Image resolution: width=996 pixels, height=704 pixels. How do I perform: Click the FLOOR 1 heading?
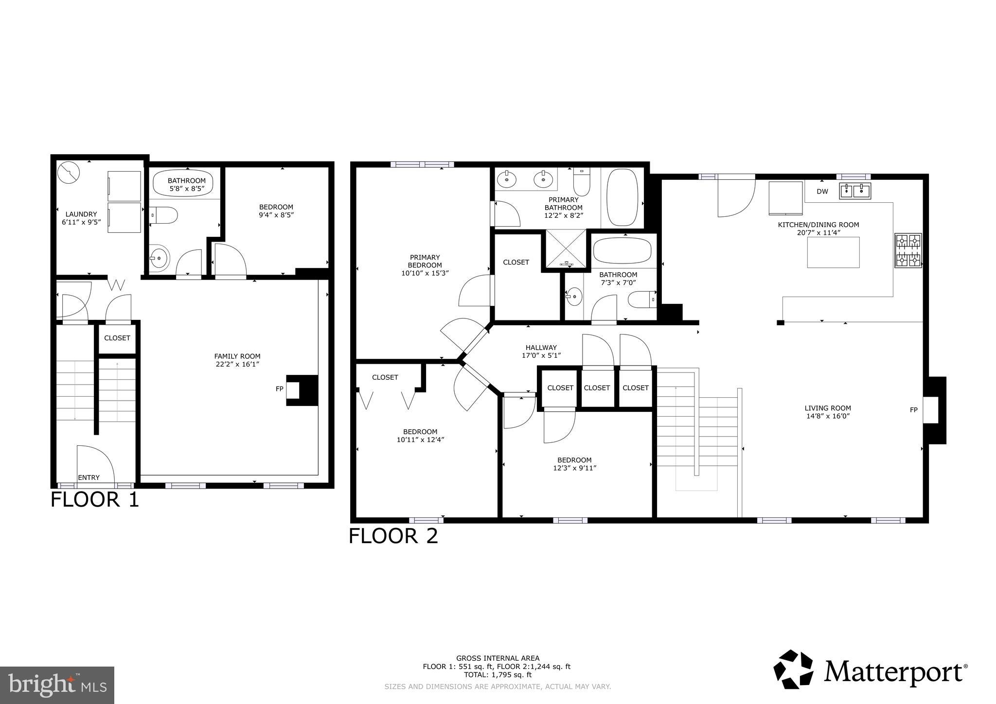tap(95, 500)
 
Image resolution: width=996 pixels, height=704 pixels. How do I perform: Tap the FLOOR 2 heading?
tap(393, 536)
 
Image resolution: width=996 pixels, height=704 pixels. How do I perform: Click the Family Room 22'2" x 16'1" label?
tap(237, 360)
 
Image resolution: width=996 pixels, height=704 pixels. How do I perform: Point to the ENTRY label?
tap(89, 477)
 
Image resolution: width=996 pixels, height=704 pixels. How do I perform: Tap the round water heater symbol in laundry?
tap(68, 173)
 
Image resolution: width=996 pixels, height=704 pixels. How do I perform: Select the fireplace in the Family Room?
tap(302, 390)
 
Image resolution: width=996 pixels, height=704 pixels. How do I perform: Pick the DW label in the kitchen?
tap(822, 192)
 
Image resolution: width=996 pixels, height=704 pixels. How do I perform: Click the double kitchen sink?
tap(854, 191)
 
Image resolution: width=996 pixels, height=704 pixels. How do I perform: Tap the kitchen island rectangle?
tap(833, 252)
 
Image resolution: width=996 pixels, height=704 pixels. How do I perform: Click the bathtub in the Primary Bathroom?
tap(622, 197)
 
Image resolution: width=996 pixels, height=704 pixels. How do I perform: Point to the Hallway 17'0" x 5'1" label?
tap(541, 351)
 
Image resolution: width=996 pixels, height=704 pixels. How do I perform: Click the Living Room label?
tap(827, 412)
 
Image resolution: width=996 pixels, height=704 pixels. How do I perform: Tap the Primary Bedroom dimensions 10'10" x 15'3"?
tap(425, 273)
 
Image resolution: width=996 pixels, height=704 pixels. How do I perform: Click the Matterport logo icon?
tap(793, 669)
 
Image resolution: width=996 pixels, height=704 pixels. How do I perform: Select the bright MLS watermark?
tap(57, 685)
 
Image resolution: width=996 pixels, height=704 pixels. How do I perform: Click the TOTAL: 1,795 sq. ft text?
tap(497, 675)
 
